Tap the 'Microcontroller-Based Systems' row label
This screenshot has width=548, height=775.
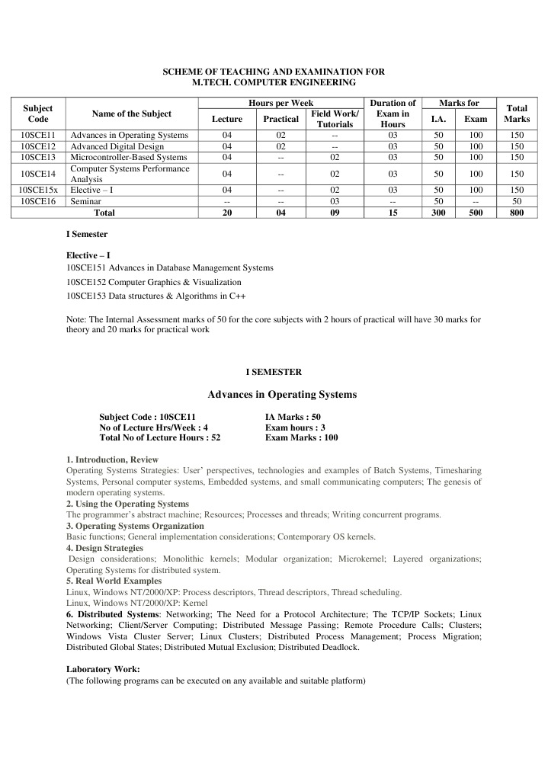(128, 157)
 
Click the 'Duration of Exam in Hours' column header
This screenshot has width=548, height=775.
(393, 114)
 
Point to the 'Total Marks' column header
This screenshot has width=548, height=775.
(517, 114)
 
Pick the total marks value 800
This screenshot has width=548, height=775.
(517, 213)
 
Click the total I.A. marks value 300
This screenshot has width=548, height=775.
(438, 213)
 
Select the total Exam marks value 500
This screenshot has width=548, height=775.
(476, 213)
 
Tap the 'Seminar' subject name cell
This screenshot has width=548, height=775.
(86, 201)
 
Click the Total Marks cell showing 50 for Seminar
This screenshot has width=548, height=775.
(517, 201)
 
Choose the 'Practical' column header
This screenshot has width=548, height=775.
(280, 119)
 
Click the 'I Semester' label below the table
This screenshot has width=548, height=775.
(87, 234)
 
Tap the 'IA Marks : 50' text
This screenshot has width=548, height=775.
(293, 417)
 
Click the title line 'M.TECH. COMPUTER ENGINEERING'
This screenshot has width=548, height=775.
(274, 82)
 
